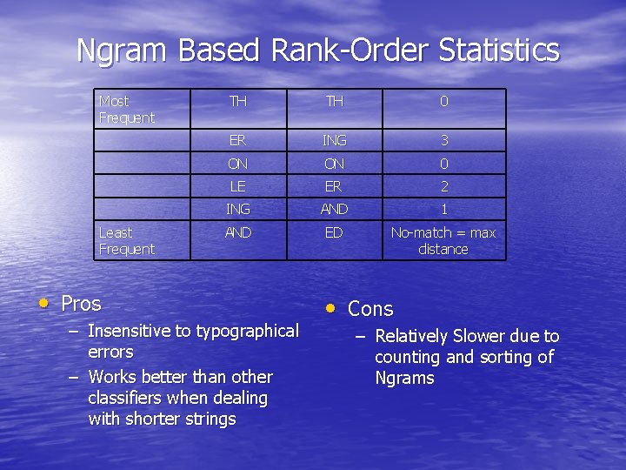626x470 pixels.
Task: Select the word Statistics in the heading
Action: click(499, 50)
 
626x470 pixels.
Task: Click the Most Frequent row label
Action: click(126, 110)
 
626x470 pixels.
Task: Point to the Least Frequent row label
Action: click(126, 241)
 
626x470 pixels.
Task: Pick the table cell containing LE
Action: click(237, 186)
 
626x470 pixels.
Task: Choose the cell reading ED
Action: click(334, 232)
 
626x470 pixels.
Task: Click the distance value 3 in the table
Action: click(443, 140)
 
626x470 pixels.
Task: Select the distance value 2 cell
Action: click(443, 186)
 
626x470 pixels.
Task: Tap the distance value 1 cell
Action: click(443, 209)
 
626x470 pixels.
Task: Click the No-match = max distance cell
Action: click(443, 241)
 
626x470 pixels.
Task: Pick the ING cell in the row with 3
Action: click(334, 140)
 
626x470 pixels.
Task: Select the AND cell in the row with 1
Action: click(334, 209)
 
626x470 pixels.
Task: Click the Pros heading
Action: click(81, 304)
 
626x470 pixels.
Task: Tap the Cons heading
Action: click(370, 309)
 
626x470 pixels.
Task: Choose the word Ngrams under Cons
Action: click(404, 378)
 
